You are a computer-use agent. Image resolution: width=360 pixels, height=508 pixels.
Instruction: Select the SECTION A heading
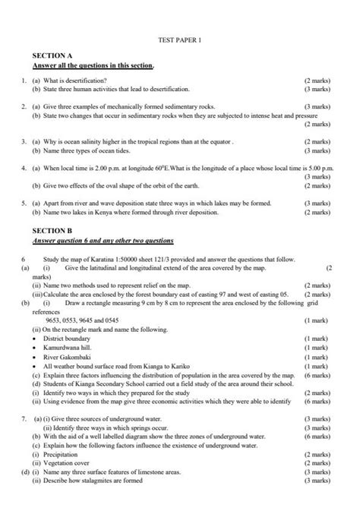point(52,56)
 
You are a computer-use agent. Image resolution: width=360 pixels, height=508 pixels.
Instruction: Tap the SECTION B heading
point(52,229)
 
